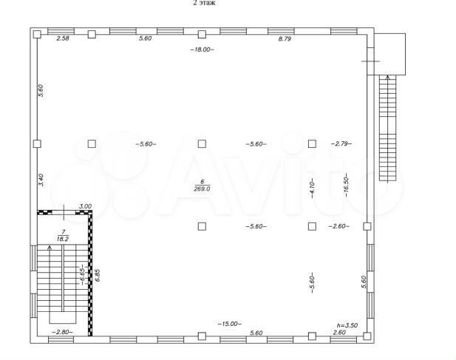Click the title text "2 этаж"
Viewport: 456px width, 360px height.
point(205,3)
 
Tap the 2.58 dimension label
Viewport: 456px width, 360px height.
point(64,38)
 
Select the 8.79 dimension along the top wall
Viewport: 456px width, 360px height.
point(285,38)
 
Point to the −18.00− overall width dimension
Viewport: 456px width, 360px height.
point(201,50)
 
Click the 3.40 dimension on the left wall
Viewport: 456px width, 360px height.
point(41,180)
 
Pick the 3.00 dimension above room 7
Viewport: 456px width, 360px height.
point(85,207)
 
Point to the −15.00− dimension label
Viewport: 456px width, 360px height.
point(229,323)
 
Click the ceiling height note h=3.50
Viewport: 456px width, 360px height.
point(346,325)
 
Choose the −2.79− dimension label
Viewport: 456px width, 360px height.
point(341,144)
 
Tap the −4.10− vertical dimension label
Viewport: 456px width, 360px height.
point(313,189)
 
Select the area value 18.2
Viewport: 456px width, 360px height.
point(62,240)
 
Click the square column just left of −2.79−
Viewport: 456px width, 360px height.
point(313,143)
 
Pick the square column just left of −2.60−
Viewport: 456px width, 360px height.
point(313,226)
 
